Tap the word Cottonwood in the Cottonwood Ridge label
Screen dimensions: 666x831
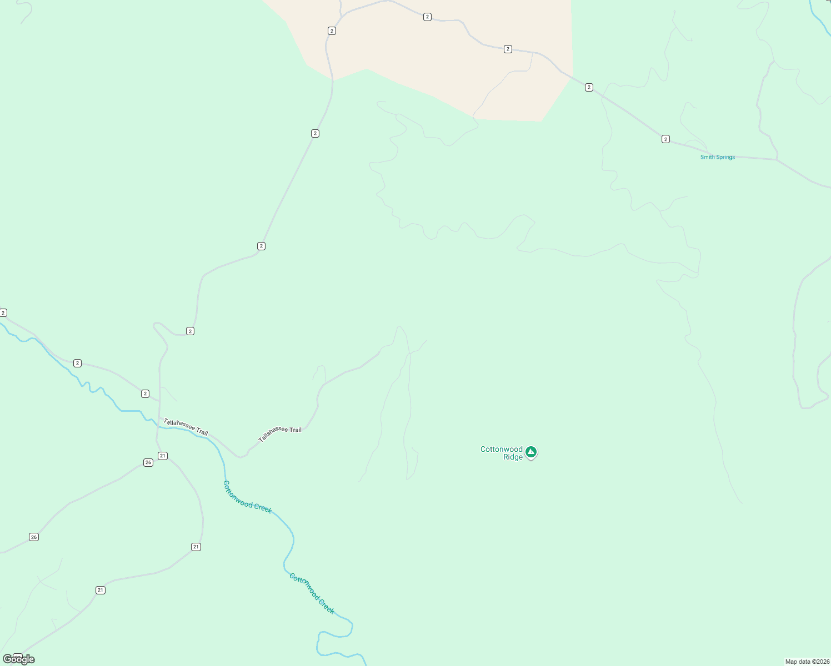point(501,449)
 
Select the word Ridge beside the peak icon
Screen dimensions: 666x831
point(513,457)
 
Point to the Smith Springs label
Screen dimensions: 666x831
point(717,157)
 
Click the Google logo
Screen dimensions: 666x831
point(19,659)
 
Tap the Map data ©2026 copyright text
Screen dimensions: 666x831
point(807,662)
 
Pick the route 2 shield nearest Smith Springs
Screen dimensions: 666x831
point(665,139)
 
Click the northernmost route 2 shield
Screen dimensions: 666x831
point(427,17)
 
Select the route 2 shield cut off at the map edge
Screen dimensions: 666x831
point(3,313)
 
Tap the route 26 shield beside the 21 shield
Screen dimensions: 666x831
point(148,462)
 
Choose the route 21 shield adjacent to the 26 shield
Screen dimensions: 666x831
point(162,456)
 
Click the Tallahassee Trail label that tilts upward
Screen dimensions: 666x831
point(280,433)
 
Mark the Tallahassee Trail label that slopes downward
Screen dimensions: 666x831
point(186,427)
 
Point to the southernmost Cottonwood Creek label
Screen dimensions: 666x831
point(312,593)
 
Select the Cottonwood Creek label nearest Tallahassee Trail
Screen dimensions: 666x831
point(247,497)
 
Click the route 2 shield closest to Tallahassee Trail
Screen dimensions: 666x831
point(145,393)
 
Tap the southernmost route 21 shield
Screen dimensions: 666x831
point(101,590)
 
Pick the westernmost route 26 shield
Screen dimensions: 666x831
point(34,537)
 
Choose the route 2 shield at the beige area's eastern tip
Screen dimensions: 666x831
point(589,87)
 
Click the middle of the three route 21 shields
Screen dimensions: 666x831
point(196,547)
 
